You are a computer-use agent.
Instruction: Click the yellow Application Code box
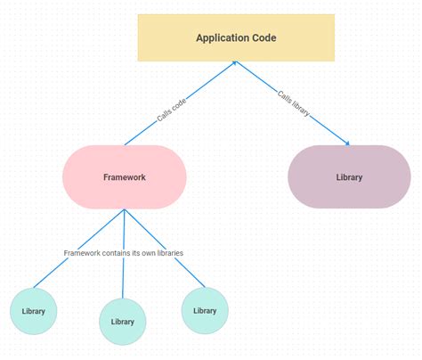[236, 37]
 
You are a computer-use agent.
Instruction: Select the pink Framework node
[125, 176]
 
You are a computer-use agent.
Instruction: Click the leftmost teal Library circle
[34, 311]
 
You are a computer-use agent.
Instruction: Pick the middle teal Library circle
[123, 321]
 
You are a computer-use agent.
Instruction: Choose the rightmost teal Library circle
[205, 310]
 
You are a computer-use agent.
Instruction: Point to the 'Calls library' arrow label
[294, 103]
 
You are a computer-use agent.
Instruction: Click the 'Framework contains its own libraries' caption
[124, 253]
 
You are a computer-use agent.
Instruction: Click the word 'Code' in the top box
[264, 38]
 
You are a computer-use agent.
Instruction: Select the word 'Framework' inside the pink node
[125, 177]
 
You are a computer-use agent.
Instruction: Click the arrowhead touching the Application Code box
[235, 63]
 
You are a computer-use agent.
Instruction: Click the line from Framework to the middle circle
[124, 276]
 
